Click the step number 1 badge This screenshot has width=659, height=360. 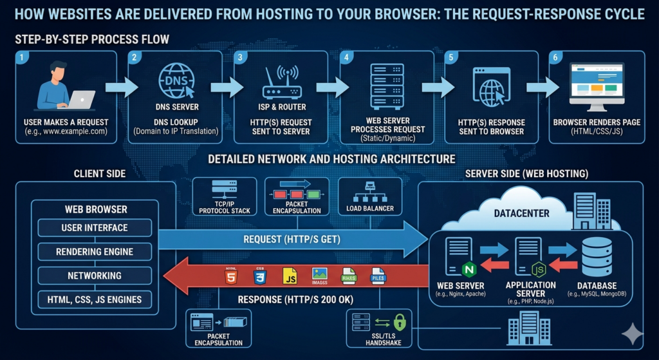[23, 57]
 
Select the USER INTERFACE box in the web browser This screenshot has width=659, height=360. [95, 227]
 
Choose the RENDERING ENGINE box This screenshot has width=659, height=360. [95, 251]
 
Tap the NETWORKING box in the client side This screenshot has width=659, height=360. [95, 275]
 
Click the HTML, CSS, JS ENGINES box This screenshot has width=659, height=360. [95, 299]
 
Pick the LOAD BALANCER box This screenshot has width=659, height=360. [369, 196]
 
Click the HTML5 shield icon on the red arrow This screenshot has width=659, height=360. [230, 277]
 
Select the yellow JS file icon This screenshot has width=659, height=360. [290, 277]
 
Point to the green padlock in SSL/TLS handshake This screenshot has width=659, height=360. [399, 321]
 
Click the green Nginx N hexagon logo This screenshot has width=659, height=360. [469, 267]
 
